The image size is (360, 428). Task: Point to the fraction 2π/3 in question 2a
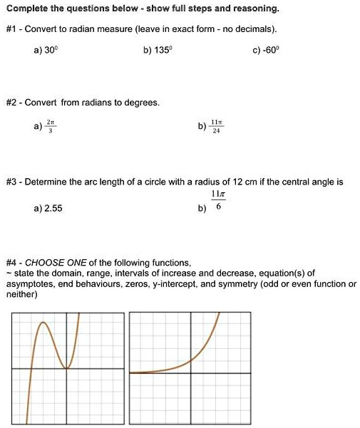49,126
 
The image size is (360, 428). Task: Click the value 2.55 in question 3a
49,209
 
